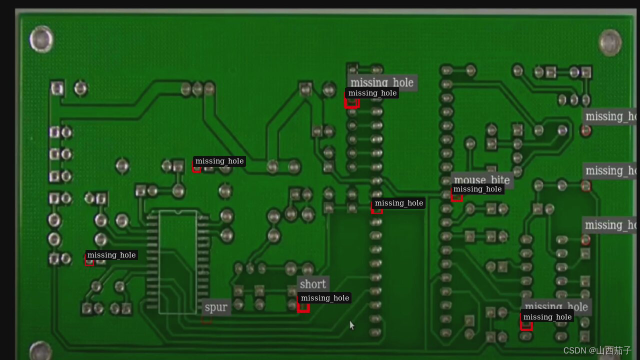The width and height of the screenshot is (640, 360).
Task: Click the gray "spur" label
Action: coord(216,307)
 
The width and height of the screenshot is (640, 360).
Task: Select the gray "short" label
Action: coord(313,284)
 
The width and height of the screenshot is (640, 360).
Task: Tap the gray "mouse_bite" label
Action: coord(481,180)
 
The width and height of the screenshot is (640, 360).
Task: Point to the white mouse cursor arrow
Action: coord(351,325)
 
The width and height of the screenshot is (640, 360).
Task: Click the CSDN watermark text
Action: coord(597,350)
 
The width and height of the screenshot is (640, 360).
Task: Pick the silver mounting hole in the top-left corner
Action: coord(41,39)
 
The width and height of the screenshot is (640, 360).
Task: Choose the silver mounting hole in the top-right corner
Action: coord(610,42)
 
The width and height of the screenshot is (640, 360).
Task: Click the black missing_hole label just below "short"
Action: coord(324,298)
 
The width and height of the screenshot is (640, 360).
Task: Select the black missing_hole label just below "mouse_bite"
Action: coord(477,189)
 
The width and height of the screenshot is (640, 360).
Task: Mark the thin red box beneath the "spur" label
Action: coord(206,319)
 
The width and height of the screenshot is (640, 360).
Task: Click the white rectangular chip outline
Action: coord(177,262)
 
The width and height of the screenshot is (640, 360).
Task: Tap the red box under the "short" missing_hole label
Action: coord(303,306)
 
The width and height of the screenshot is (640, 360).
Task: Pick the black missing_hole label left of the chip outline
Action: coord(111,255)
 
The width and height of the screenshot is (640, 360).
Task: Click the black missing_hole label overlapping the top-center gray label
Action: coord(372,93)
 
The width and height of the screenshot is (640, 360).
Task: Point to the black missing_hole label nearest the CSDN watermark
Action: coord(547,317)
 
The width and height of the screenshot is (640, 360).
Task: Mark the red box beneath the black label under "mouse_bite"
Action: coord(456,197)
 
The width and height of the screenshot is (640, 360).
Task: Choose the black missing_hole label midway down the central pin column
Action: coord(398,203)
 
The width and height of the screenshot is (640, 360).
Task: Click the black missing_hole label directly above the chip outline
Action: coord(219,161)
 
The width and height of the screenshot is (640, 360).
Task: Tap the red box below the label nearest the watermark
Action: coord(526,325)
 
